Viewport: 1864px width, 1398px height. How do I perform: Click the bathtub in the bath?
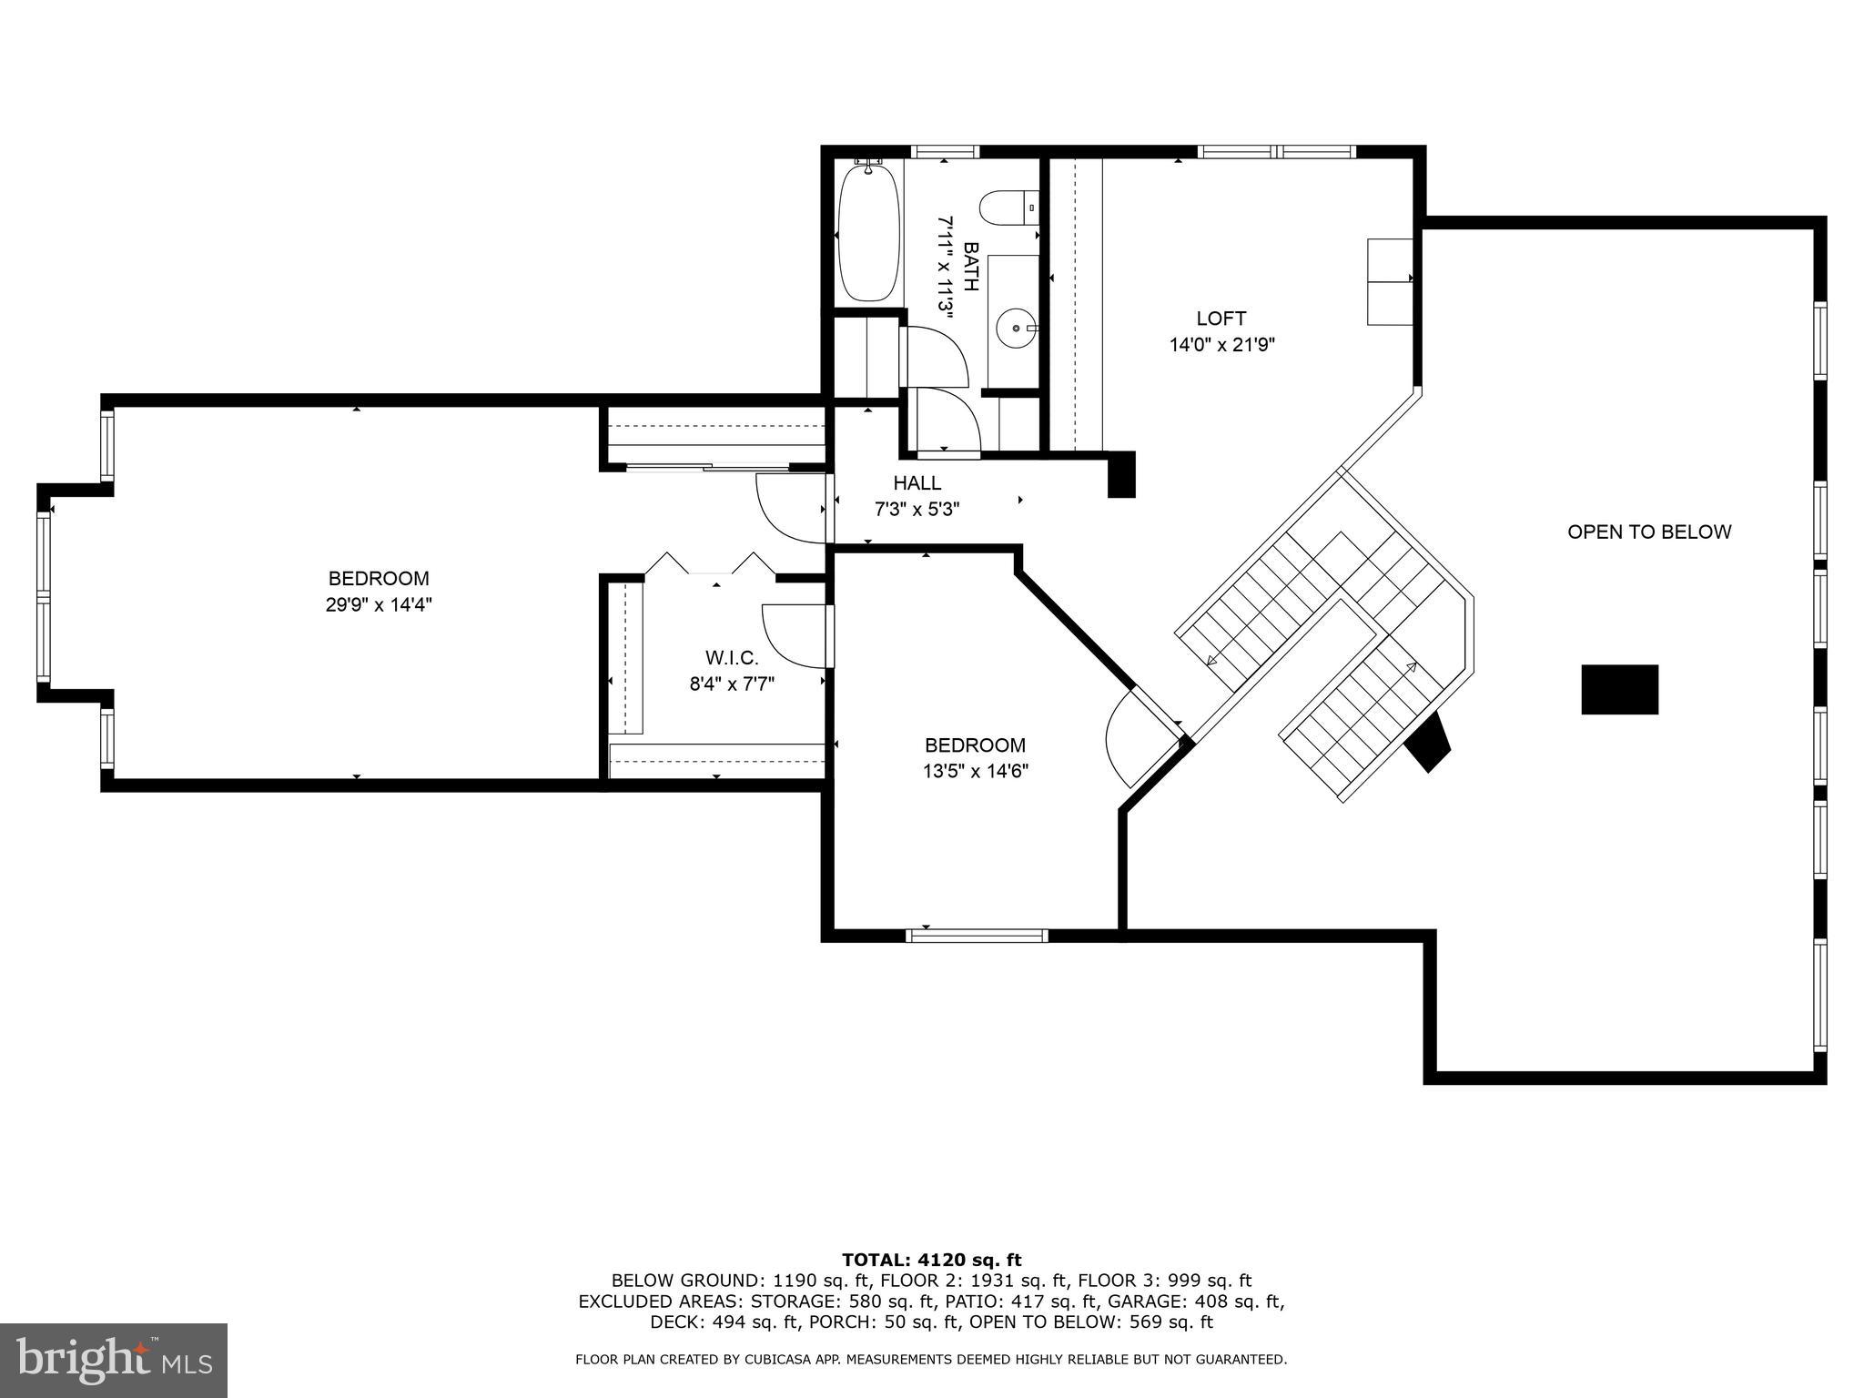[x=869, y=232]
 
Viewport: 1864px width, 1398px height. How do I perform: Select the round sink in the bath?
[x=1014, y=325]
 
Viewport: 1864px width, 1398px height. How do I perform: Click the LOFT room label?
[x=1221, y=319]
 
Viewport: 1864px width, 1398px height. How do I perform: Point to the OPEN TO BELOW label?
[x=1648, y=532]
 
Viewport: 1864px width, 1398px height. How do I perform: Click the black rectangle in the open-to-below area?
[x=1619, y=689]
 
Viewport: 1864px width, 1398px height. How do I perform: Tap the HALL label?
[x=917, y=483]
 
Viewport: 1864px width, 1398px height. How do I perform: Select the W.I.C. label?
[x=731, y=657]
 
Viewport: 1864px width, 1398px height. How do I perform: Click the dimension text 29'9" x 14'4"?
[x=379, y=604]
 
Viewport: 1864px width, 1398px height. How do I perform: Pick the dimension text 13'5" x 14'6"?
[x=975, y=771]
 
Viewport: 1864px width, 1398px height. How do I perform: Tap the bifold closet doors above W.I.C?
[x=710, y=564]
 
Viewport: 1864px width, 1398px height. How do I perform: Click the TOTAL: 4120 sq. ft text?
[x=931, y=1260]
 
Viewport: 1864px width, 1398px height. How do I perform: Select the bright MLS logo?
[x=114, y=1360]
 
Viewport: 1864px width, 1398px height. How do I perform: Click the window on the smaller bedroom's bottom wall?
[x=978, y=935]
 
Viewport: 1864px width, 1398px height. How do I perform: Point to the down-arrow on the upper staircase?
[x=1211, y=660]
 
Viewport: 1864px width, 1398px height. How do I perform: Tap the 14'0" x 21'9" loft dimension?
[x=1221, y=345]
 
